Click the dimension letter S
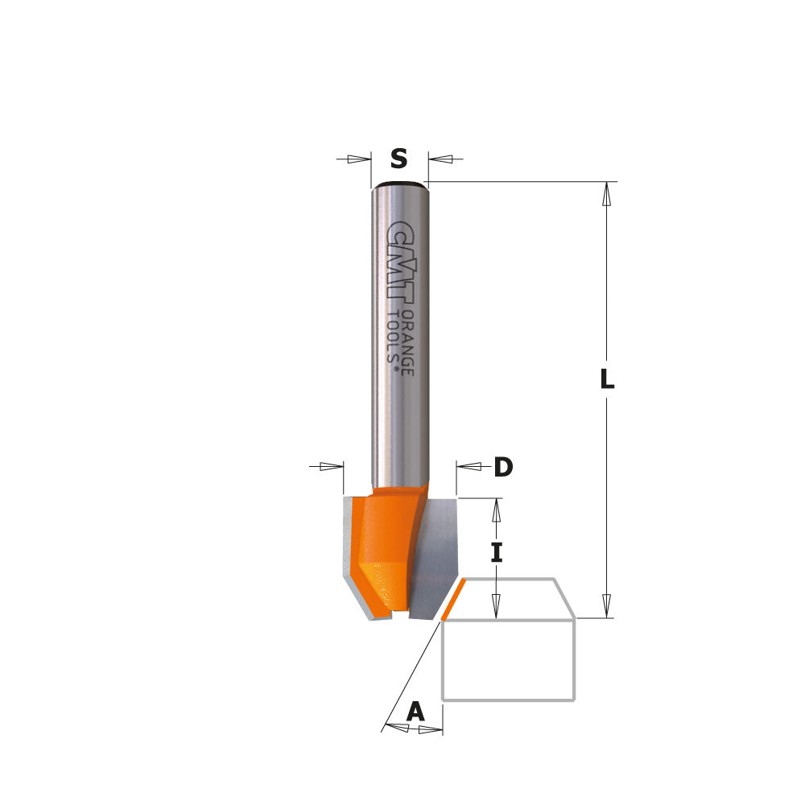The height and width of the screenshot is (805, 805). (398, 159)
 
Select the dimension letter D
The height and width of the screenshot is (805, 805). (503, 467)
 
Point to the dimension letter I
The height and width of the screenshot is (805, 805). (497, 553)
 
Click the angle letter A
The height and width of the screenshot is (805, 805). (415, 712)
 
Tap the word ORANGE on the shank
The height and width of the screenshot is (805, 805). (407, 341)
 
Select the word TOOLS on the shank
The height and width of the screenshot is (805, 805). (394, 338)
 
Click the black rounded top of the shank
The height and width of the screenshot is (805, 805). (399, 185)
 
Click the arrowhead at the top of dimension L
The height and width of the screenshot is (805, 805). (607, 194)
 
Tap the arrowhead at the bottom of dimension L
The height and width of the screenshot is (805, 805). (607, 606)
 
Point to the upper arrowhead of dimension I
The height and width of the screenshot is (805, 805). (497, 510)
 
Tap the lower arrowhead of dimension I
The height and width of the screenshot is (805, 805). (497, 606)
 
